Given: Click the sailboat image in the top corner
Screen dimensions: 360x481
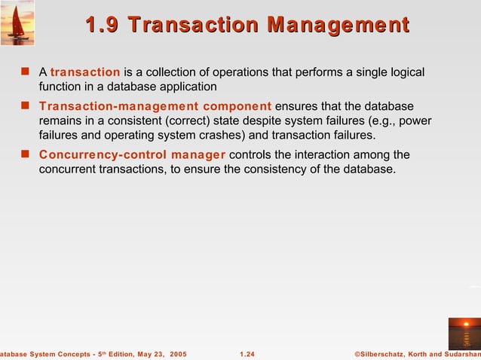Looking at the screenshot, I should (17, 23).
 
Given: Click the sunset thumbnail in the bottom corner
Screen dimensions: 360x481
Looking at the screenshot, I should (464, 334).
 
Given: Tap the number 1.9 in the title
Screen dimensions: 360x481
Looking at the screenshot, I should (103, 25).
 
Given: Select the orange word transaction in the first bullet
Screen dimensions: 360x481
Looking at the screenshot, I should (85, 72).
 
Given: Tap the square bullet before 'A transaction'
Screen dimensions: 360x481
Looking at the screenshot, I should (25, 72).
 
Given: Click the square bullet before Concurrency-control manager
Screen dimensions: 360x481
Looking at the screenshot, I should (25, 155).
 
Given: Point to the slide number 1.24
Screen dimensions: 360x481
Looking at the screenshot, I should (247, 353).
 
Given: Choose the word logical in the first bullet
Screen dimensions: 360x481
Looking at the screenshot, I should (406, 72).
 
